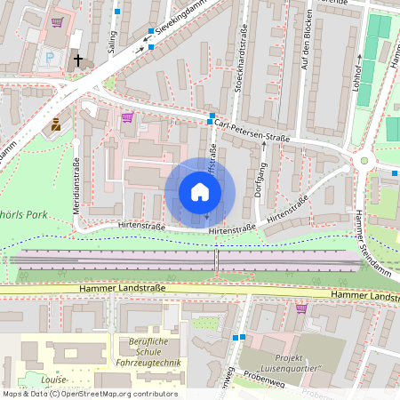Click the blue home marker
coord(200,192)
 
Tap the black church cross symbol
coord(78,60)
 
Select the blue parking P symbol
coord(49,58)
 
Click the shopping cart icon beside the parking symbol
coord(58,22)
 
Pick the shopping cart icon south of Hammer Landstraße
coord(301,308)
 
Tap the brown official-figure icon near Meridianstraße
coord(56,124)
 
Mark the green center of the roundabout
coord(363,161)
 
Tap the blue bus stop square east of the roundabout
coord(395,171)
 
